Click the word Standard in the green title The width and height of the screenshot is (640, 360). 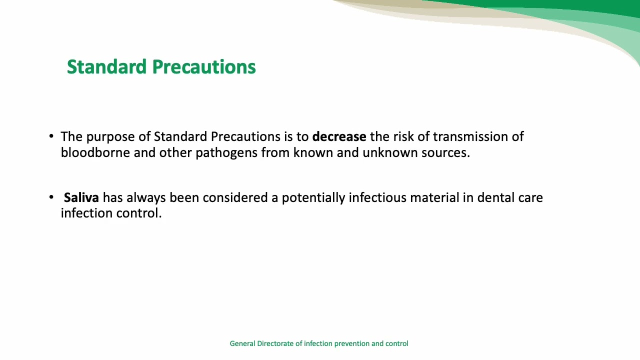click(x=106, y=67)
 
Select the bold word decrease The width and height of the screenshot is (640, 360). click(x=339, y=136)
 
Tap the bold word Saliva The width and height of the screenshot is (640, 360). click(x=81, y=197)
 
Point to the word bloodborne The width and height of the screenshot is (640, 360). click(x=95, y=152)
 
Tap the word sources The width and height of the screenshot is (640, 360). click(x=445, y=152)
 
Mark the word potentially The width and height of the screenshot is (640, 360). click(x=313, y=198)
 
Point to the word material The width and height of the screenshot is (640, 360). click(x=434, y=197)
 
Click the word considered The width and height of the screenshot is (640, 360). click(x=235, y=197)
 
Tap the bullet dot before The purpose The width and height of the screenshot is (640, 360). click(x=51, y=136)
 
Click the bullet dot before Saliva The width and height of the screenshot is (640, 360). click(x=51, y=197)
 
